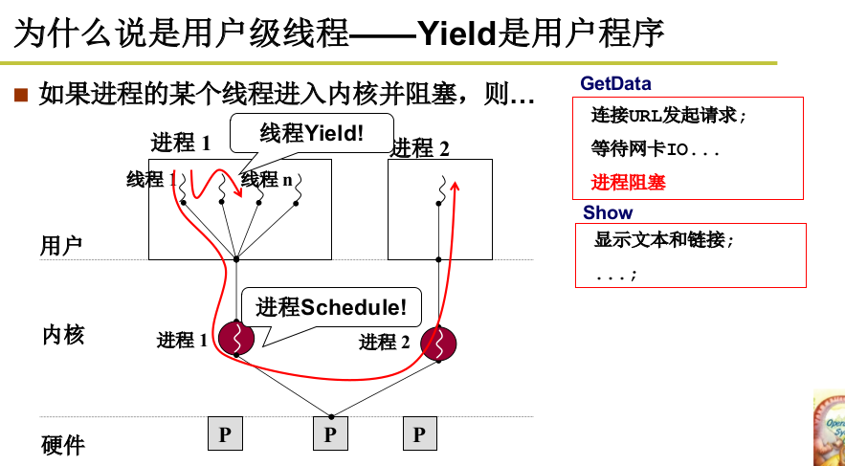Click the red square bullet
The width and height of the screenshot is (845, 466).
pos(21,96)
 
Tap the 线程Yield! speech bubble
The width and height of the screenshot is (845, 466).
pos(312,132)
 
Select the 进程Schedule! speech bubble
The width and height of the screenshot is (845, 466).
pos(331,307)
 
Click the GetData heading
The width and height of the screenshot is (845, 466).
pos(615,84)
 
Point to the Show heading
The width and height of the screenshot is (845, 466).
pos(608,212)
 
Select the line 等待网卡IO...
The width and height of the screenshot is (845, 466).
pos(655,149)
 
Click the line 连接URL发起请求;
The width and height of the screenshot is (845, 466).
pos(667,116)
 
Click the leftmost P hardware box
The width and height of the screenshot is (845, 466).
pos(225,434)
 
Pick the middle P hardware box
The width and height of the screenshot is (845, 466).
pos(330,434)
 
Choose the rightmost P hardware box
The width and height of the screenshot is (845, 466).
pos(419,434)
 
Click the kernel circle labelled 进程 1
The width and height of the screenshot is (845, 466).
pos(235,339)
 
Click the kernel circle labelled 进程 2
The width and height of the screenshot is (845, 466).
pos(438,343)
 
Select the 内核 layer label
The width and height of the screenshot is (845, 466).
pos(63,335)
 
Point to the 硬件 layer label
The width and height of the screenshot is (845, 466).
pos(63,445)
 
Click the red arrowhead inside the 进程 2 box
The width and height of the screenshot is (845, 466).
pos(456,183)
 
